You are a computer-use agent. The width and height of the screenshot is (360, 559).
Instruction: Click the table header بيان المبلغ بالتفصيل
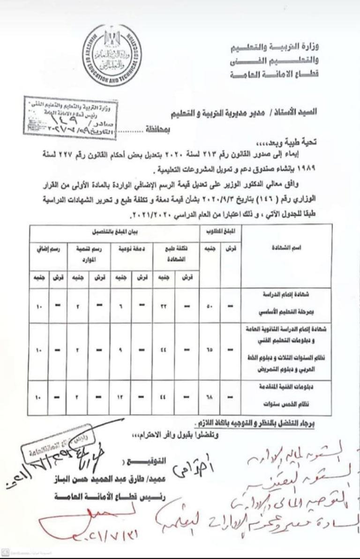(112, 231)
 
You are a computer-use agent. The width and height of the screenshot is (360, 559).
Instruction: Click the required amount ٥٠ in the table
(211, 306)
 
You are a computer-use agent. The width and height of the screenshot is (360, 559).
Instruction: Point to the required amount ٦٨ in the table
(211, 397)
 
